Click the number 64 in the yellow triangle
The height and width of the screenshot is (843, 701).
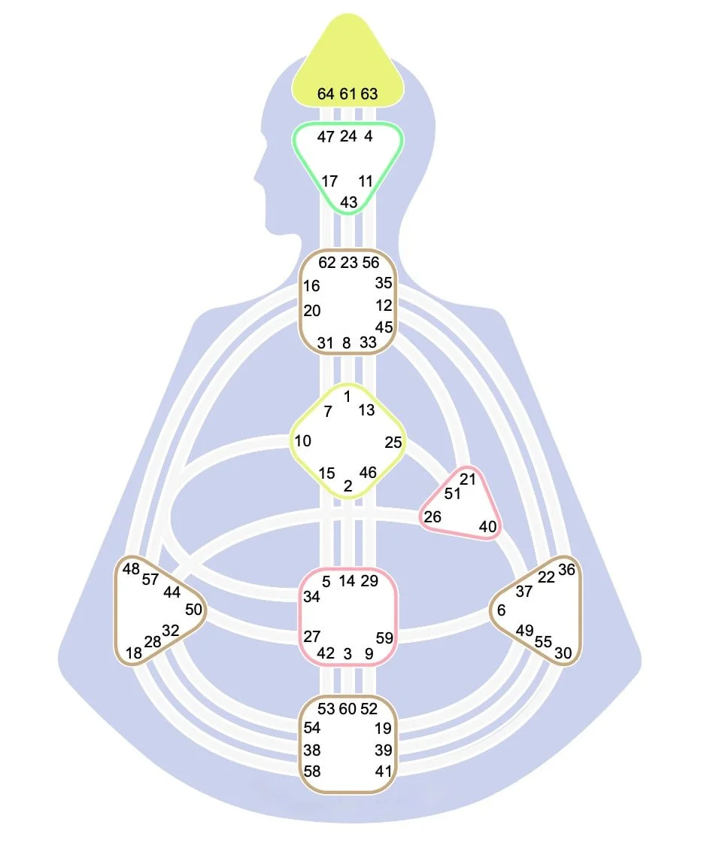coord(326,94)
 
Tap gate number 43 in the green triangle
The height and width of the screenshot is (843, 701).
coord(349,202)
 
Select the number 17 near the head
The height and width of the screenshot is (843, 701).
coord(329,181)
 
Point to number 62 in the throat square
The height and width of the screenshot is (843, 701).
coord(327,263)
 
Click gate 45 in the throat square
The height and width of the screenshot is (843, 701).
coord(384,327)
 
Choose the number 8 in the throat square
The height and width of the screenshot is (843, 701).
coord(347,343)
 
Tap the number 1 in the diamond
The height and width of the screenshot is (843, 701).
coord(347,397)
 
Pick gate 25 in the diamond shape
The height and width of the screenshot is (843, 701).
coord(393,443)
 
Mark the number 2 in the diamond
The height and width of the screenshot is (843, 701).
coord(348,486)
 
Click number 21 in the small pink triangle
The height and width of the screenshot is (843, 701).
coord(468,479)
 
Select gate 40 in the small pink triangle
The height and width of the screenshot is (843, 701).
coord(487,527)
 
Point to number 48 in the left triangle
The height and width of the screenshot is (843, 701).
coord(131,569)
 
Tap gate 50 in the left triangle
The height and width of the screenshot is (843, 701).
coord(193,610)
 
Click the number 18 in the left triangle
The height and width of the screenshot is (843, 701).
coord(134,653)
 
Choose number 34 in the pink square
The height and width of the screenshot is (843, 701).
coord(311,597)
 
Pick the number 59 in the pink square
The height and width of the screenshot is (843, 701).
coord(384,638)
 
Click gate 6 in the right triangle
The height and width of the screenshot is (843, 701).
coord(501,610)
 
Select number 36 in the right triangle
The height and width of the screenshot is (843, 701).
coord(566,570)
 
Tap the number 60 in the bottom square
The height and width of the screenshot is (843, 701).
coord(347,709)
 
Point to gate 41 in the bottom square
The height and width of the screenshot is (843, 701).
coord(384,771)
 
